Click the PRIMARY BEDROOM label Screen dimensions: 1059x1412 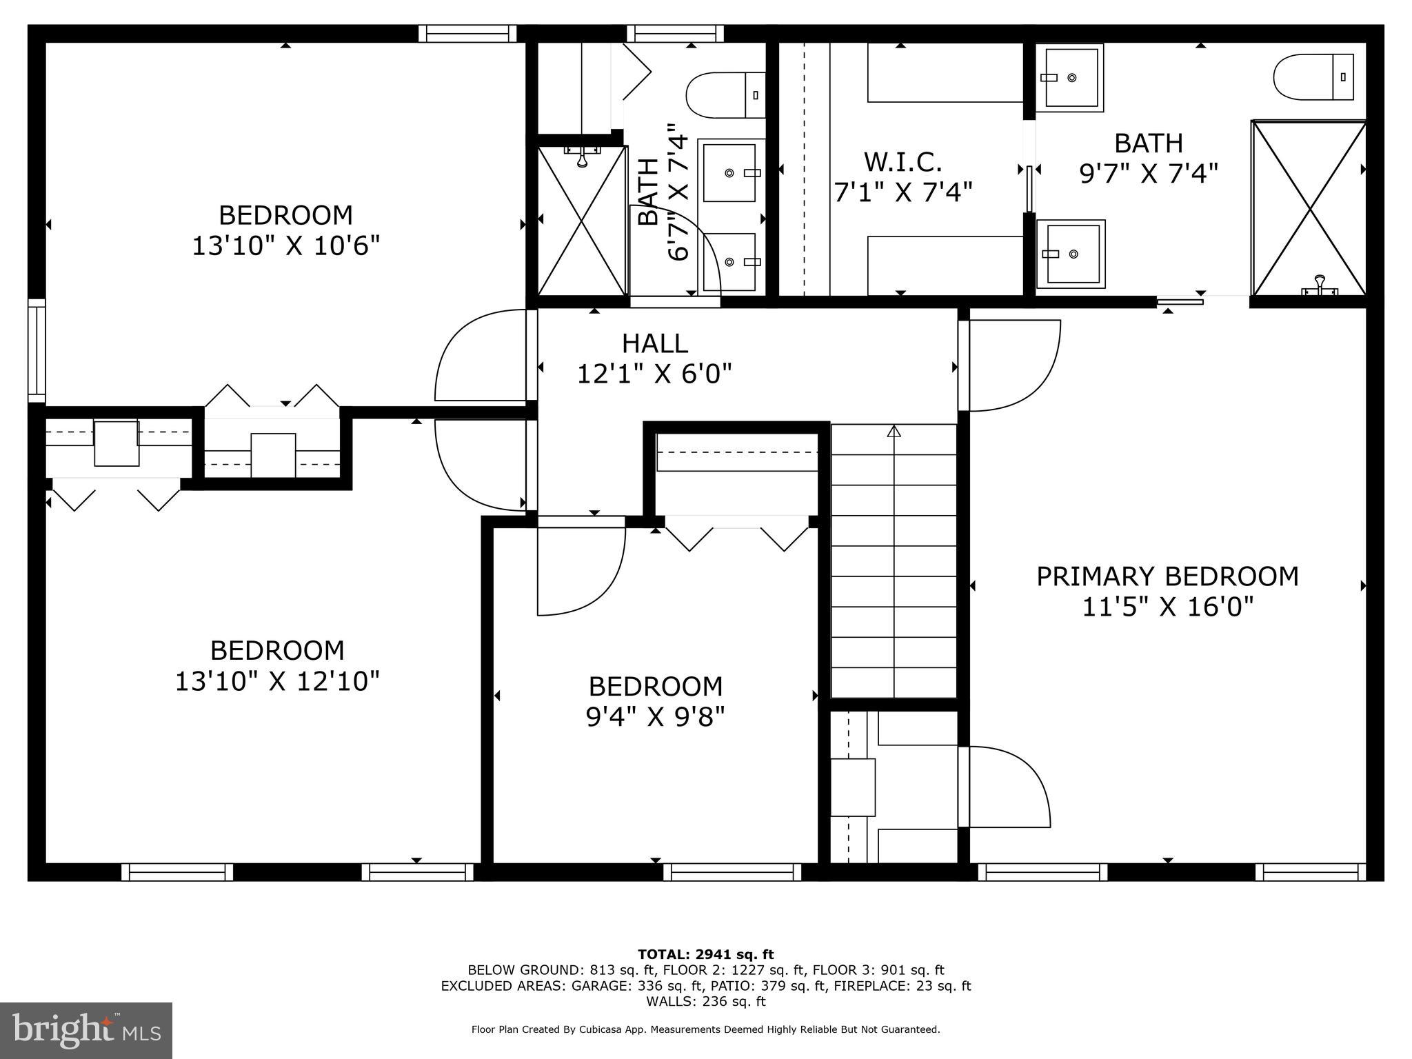click(1167, 576)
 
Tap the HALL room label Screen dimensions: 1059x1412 click(654, 343)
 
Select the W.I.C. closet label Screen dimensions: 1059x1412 click(902, 162)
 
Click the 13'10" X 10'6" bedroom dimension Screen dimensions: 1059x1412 click(285, 246)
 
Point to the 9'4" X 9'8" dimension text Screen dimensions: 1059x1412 click(655, 718)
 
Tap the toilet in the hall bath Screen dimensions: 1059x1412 click(725, 94)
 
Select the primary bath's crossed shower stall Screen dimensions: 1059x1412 click(1308, 208)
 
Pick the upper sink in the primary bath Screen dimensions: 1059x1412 click(1070, 77)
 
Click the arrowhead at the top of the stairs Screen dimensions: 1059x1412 click(894, 431)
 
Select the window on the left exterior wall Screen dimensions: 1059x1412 click(37, 350)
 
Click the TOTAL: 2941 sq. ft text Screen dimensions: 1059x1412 click(705, 955)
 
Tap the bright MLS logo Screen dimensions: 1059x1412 click(86, 1030)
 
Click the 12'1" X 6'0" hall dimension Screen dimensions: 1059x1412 click(654, 374)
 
